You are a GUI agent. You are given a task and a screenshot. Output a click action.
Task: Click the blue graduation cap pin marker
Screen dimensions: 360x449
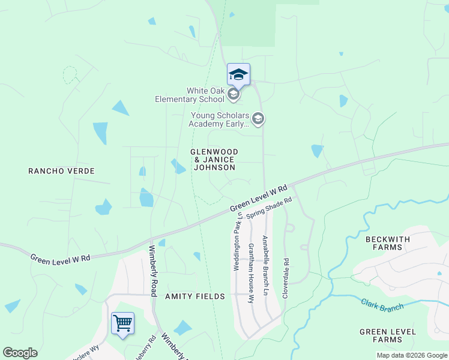(x=238, y=75)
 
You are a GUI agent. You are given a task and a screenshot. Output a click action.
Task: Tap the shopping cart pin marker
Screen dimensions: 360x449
(x=122, y=323)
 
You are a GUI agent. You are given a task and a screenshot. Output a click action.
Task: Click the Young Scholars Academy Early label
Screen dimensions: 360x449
(x=219, y=119)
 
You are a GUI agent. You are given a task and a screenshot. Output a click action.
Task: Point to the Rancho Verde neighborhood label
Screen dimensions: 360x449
(x=61, y=171)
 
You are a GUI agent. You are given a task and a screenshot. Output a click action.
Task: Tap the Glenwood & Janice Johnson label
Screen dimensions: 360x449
(x=214, y=160)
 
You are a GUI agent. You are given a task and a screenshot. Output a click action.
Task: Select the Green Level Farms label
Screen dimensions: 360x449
(x=388, y=335)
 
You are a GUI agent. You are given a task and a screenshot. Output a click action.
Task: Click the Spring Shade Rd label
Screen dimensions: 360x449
(x=268, y=209)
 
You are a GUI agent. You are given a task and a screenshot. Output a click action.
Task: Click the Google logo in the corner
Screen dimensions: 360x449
(x=20, y=353)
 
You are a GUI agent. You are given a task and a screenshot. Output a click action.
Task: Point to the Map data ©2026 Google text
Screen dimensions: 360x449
(x=412, y=355)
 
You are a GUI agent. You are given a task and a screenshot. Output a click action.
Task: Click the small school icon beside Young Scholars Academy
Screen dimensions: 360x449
(x=258, y=119)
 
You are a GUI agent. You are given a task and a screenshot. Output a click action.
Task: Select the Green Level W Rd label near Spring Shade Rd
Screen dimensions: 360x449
(x=259, y=199)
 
